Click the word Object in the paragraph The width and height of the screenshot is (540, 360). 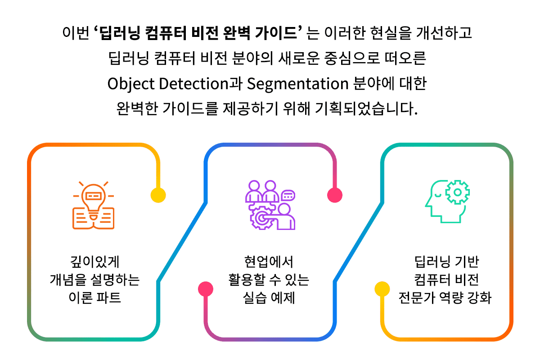pyautogui.click(x=131, y=84)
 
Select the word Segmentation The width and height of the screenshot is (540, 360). pyautogui.click(x=298, y=84)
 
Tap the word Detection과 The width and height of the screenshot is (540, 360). pyautogui.click(x=201, y=83)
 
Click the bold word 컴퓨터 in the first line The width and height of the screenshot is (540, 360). pyautogui.click(x=166, y=33)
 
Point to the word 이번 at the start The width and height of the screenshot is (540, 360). pyautogui.click(x=76, y=33)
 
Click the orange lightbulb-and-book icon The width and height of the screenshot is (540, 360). pyautogui.click(x=93, y=205)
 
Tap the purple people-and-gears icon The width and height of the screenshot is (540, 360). pyautogui.click(x=270, y=205)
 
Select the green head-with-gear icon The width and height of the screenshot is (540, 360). pyautogui.click(x=447, y=202)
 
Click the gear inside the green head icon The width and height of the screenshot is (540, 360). pyautogui.click(x=457, y=192)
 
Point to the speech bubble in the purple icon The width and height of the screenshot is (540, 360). pyautogui.click(x=288, y=196)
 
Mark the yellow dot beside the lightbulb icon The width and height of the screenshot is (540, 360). pyautogui.click(x=158, y=195)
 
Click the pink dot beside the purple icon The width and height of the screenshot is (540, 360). pyautogui.click(x=335, y=195)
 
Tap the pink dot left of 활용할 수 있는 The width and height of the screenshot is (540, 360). pyautogui.click(x=206, y=289)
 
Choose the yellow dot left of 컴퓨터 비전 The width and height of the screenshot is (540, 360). pyautogui.click(x=382, y=289)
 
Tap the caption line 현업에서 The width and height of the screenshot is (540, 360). pyautogui.click(x=269, y=262)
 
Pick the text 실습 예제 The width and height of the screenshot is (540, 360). pyautogui.click(x=269, y=297)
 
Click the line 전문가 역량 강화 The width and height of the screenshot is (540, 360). pyautogui.click(x=445, y=297)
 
